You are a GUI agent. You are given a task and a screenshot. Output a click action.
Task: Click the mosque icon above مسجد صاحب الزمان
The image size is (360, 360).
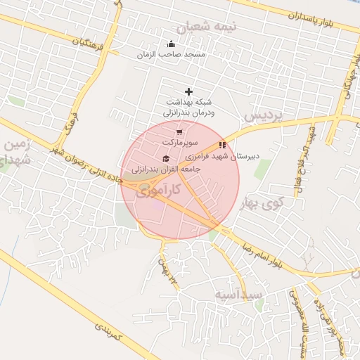(171, 44)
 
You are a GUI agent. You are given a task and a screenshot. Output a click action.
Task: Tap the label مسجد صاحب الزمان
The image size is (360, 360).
(171, 54)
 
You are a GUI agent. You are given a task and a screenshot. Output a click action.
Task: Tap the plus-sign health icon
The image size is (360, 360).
(188, 91)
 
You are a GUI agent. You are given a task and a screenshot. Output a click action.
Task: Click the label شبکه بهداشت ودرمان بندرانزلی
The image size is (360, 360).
(188, 107)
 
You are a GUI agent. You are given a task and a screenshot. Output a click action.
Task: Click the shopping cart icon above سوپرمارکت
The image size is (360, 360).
(179, 131)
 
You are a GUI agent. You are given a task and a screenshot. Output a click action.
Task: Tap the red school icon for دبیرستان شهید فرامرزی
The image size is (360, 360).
(223, 145)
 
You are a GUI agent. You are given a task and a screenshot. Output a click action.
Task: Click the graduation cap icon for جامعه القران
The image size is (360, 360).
(166, 158)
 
